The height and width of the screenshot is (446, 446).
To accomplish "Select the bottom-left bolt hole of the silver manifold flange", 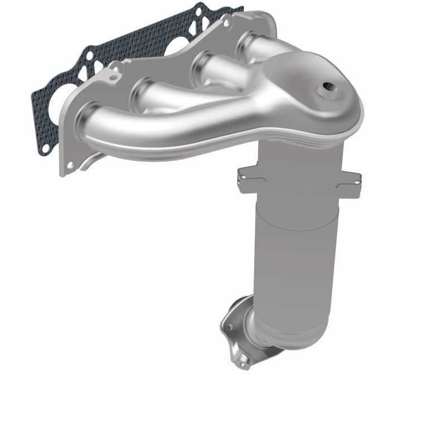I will click(69, 166).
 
